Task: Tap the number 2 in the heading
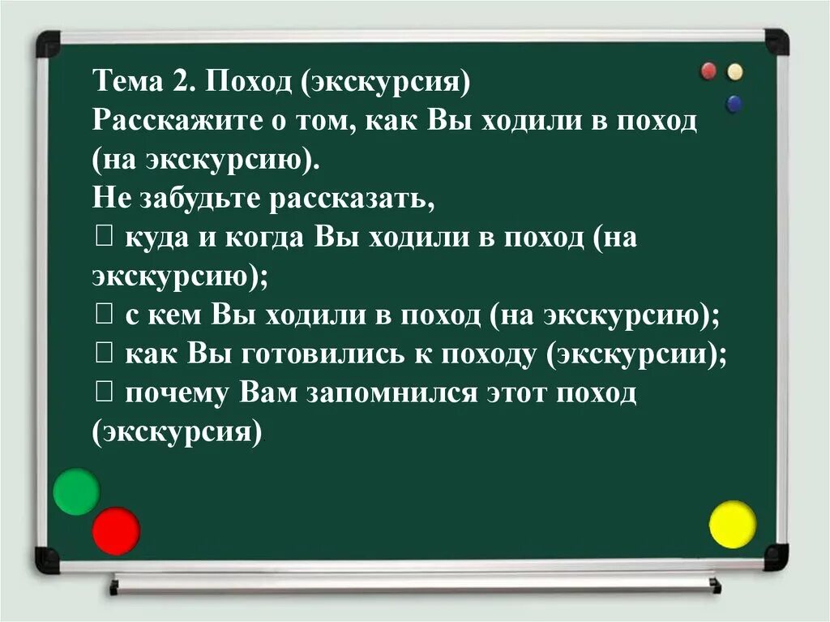(x=180, y=83)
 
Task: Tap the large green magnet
(x=76, y=491)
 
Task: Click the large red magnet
(x=116, y=531)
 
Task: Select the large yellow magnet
(x=733, y=525)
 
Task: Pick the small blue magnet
(x=734, y=103)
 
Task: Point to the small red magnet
(x=708, y=71)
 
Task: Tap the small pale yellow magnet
(x=735, y=71)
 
